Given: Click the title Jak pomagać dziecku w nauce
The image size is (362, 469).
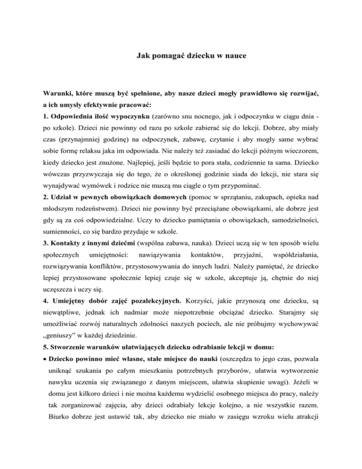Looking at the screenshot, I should pyautogui.click(x=181, y=61).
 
